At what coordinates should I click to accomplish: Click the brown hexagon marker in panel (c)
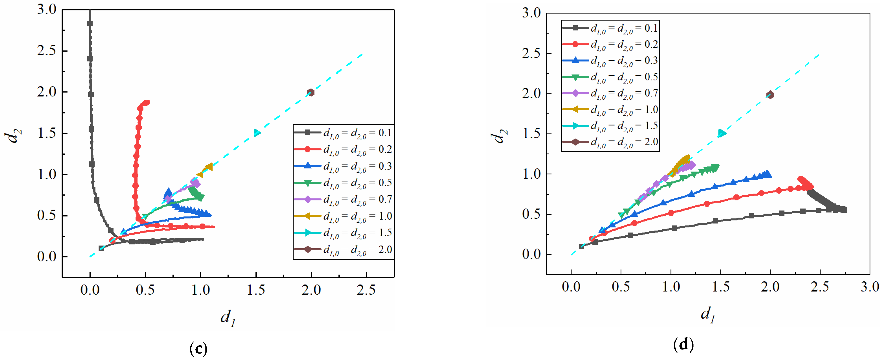coord(310,92)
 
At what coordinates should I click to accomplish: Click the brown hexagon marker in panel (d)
coord(770,95)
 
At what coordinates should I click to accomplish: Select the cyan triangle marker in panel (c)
coord(257,133)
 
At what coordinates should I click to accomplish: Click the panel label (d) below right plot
coord(683,344)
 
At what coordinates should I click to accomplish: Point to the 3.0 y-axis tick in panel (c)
coord(47,10)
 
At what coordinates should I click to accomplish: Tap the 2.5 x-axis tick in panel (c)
coord(366,290)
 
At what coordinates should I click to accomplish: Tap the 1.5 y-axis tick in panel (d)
coord(531,134)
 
